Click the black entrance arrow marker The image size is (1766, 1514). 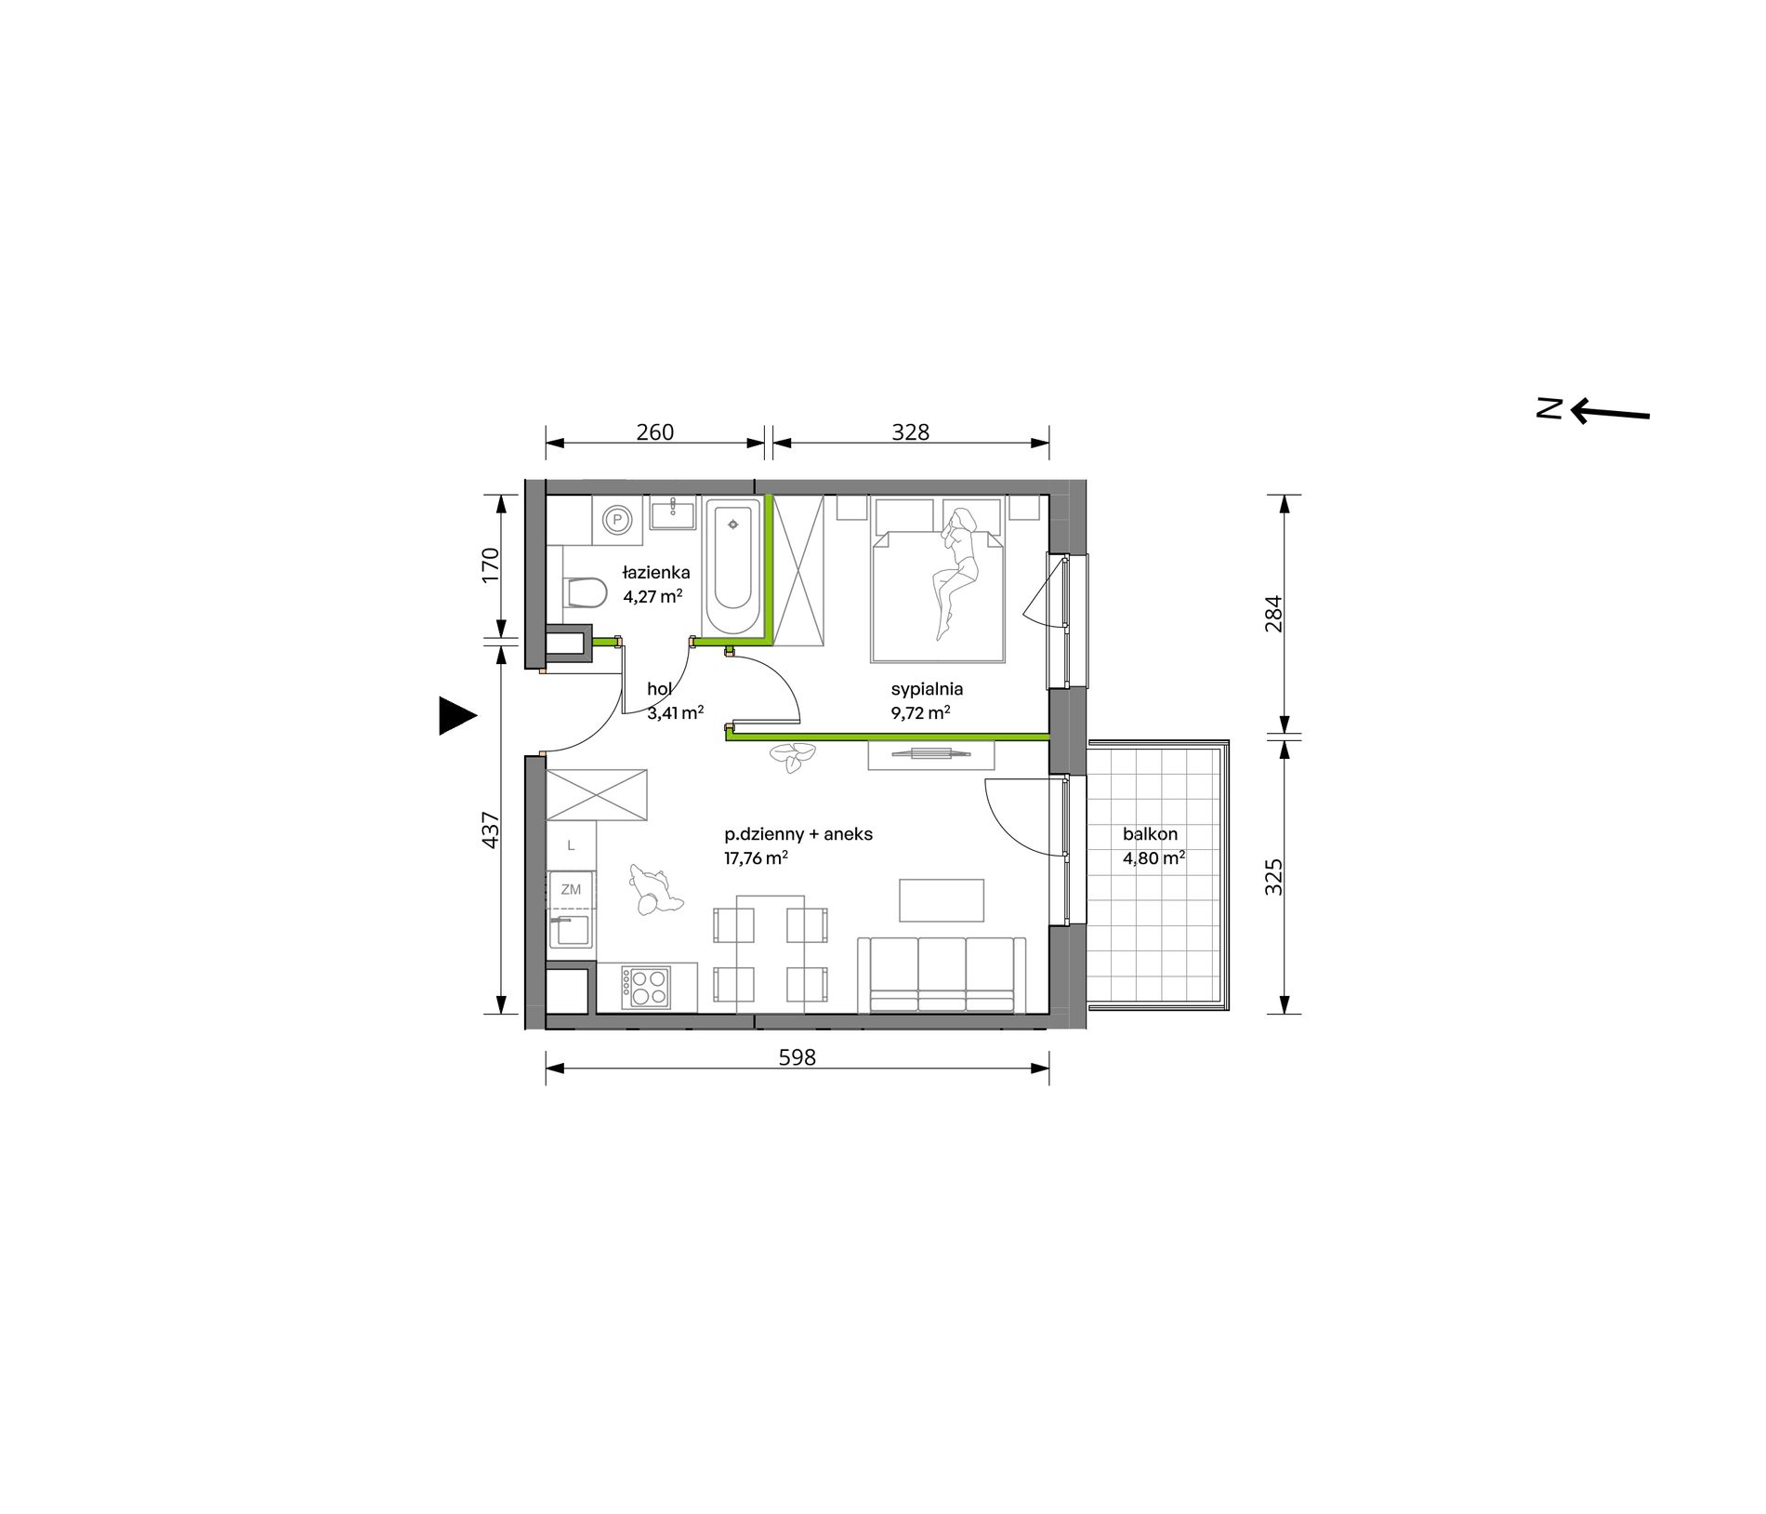456,715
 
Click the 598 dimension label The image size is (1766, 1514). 797,1057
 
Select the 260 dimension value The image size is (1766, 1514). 654,432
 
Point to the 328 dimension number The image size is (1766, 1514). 910,432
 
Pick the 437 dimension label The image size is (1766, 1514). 491,830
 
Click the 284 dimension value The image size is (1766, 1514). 1273,614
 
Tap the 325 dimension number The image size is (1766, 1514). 1273,876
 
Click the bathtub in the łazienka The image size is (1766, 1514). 734,566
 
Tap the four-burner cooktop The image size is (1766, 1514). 646,988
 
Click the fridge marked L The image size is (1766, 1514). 571,845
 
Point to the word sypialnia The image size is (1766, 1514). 926,690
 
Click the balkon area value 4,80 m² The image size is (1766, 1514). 1153,858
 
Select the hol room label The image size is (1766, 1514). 659,689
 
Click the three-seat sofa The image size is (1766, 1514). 942,975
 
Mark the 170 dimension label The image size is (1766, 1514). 491,564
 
